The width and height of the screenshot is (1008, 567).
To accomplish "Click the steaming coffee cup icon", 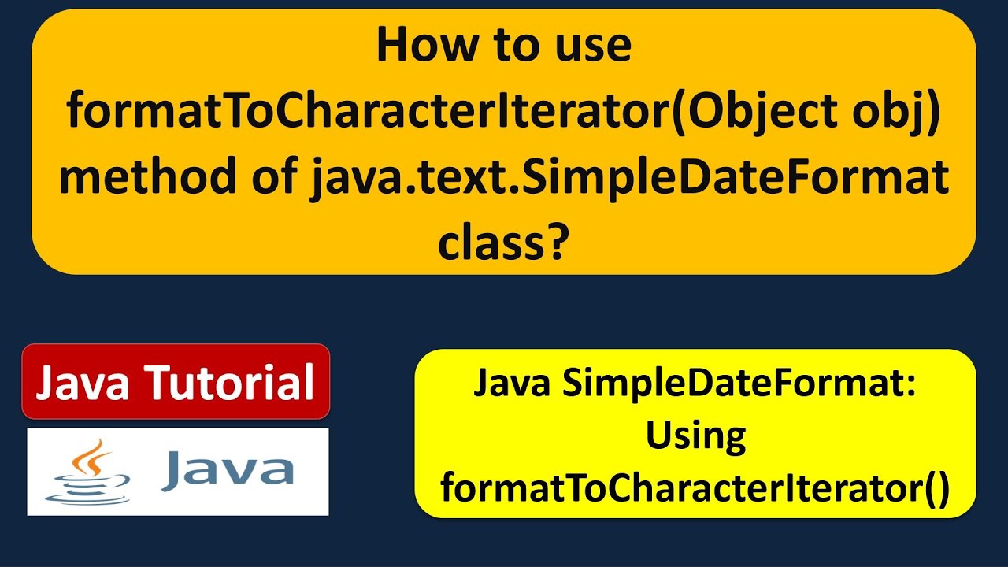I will point(88,472).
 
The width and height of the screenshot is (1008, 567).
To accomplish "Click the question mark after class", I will point(557,244).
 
